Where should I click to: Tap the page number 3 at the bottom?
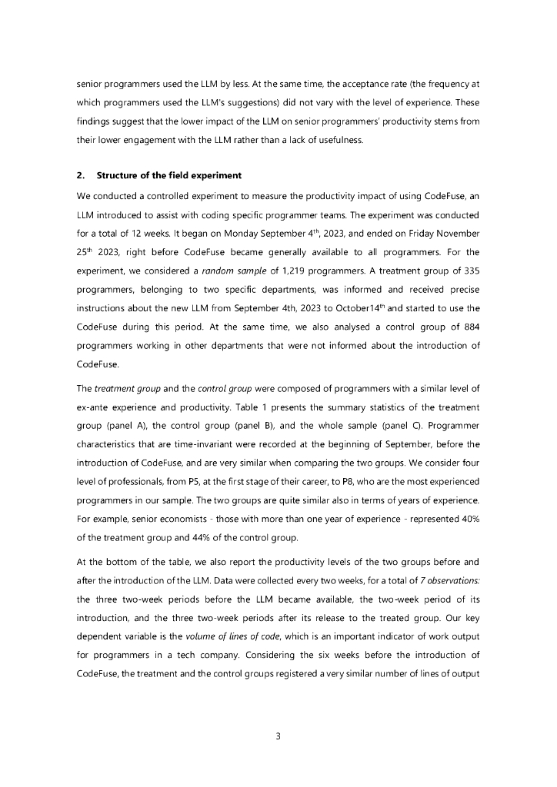278,736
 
